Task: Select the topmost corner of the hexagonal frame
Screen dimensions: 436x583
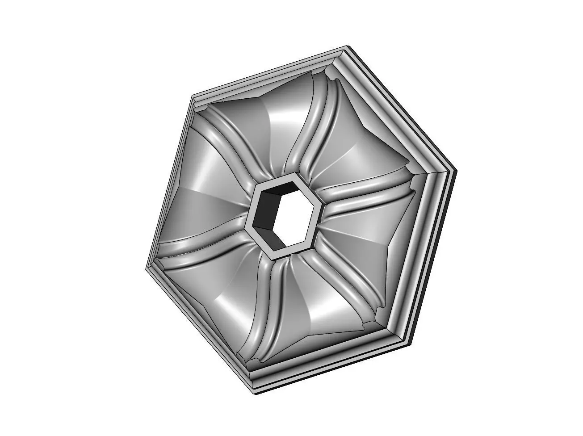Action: click(x=348, y=46)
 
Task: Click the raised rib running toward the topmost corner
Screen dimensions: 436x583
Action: click(x=313, y=130)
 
